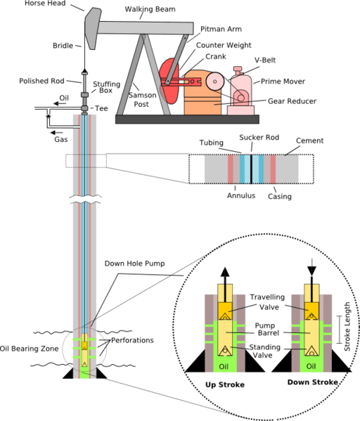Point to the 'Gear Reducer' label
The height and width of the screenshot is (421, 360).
pos(291,101)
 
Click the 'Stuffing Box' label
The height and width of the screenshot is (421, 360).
pos(106,87)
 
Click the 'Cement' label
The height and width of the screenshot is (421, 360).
pos(309,141)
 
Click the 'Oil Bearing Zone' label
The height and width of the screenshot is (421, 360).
pos(27,348)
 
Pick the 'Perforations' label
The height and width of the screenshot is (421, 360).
pos(131,341)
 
